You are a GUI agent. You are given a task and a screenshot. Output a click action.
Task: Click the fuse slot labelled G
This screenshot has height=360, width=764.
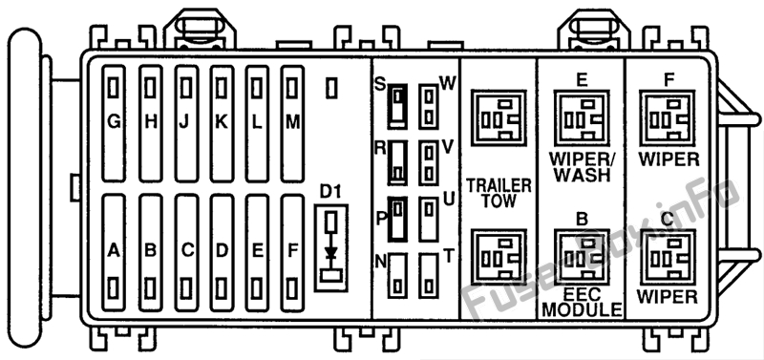tap(114, 124)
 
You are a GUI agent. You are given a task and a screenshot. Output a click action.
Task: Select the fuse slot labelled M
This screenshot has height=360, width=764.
tap(292, 124)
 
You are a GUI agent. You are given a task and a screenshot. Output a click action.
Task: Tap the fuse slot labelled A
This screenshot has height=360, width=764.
tap(114, 253)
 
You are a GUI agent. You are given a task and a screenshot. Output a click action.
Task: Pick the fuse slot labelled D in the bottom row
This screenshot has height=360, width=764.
tap(222, 253)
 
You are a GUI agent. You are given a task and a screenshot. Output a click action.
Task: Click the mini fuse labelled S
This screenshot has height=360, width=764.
tap(397, 106)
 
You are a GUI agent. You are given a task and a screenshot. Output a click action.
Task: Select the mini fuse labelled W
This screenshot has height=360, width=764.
tap(429, 106)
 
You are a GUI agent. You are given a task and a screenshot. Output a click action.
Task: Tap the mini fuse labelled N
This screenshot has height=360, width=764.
tap(397, 275)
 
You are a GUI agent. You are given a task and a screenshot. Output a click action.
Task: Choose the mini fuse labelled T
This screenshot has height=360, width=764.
tap(429, 275)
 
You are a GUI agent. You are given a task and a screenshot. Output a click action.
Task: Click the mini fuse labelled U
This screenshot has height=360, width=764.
tap(429, 219)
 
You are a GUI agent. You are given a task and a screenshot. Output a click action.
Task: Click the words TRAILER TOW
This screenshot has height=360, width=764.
tap(499, 193)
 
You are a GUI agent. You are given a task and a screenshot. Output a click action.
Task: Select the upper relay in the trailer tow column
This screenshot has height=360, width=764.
tap(499, 117)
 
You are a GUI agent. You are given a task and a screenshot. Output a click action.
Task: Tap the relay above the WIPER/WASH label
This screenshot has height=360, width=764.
tap(582, 117)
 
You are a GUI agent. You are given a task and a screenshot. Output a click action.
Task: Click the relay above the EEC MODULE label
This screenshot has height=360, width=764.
tap(582, 257)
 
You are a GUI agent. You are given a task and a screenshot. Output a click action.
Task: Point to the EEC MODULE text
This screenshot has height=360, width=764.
tap(583, 302)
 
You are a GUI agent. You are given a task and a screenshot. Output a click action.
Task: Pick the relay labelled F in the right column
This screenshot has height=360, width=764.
tap(667, 117)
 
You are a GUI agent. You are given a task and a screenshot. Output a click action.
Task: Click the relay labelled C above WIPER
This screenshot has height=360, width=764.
tap(667, 257)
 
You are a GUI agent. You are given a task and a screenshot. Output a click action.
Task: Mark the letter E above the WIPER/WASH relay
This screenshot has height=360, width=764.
tap(582, 79)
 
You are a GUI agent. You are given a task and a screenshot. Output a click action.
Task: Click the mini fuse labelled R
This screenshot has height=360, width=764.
tap(397, 162)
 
